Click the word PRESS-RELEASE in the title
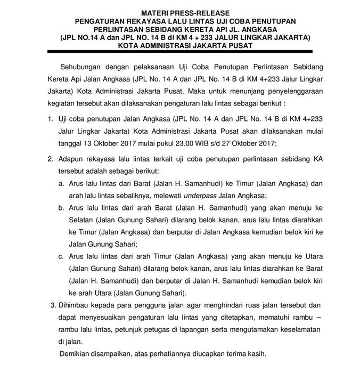[201, 12]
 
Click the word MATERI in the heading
[155, 12]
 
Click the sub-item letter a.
[62, 182]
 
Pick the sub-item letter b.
[62, 207]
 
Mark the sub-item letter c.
[62, 257]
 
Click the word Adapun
[71, 159]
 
